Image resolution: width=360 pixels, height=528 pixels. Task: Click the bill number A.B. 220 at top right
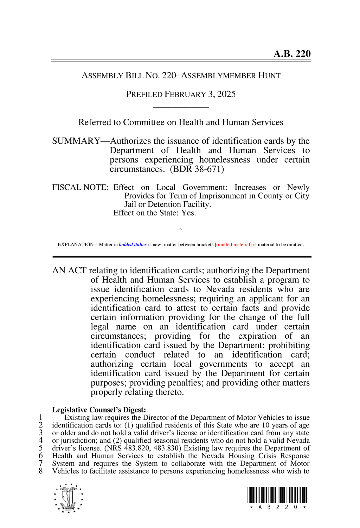tap(292, 54)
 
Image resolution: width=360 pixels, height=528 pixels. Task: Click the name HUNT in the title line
tap(269, 76)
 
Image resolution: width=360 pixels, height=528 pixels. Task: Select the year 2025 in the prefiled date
tap(226, 94)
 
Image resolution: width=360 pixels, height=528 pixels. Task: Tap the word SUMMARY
tap(76, 141)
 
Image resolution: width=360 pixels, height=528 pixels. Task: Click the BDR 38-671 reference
tap(197, 169)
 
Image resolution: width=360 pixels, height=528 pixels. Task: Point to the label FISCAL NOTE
tap(80, 187)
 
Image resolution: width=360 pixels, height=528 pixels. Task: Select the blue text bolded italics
tap(133, 245)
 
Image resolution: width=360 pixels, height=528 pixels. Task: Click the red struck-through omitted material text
tap(233, 245)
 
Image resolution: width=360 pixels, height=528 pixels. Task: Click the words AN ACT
tap(69, 270)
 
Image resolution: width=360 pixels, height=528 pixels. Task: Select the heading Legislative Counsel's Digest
tap(99, 410)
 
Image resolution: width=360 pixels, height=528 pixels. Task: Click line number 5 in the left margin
tap(41, 448)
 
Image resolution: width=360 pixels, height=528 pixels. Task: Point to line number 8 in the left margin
tap(41, 471)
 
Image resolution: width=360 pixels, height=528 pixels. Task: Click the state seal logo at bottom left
tap(69, 498)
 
